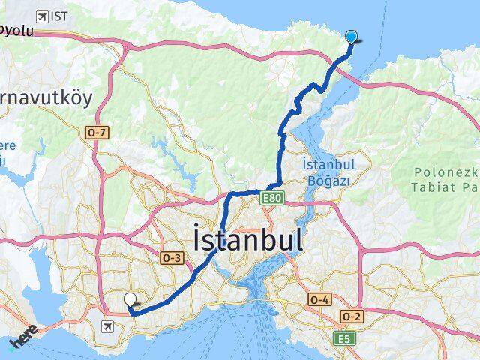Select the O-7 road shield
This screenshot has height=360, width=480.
point(98,133)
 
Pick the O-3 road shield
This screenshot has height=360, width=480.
point(172,257)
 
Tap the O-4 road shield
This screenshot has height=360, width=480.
point(318,299)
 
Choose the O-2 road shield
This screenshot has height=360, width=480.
point(352,316)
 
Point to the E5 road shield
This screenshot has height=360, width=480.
point(344,339)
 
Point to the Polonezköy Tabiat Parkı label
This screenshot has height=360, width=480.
point(445,178)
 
